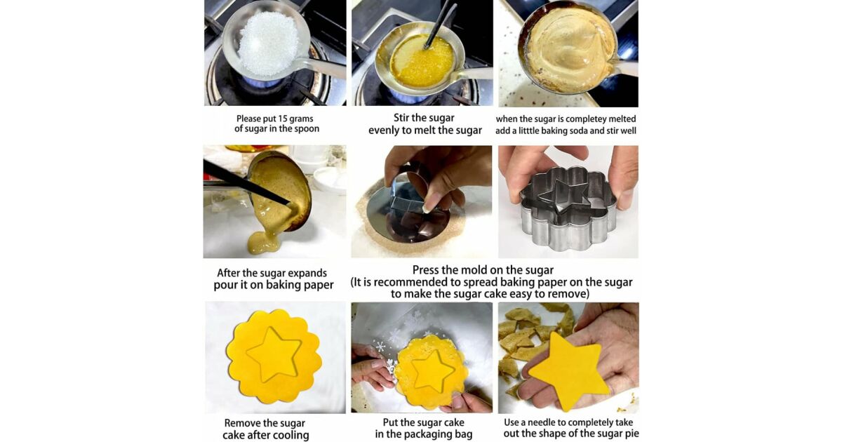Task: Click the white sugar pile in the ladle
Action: [x=269, y=43]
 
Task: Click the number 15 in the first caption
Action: [x=283, y=119]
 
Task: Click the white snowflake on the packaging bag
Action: [x=380, y=347]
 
